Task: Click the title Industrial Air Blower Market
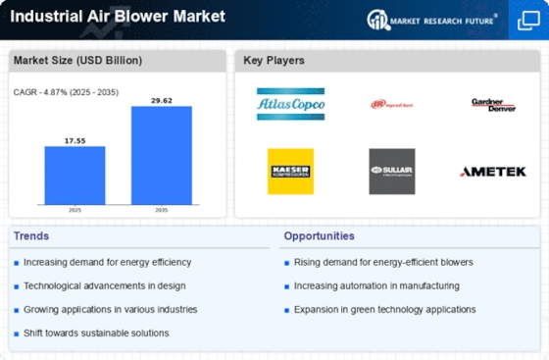point(118,17)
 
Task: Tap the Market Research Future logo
point(430,19)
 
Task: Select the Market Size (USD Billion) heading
point(77,61)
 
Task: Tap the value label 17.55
point(75,139)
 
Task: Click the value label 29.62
point(161,99)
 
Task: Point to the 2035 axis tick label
point(161,210)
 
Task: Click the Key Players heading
point(274,61)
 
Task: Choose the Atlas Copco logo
point(290,104)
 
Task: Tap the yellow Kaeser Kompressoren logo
point(290,171)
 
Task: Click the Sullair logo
point(391,171)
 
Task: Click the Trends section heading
point(33,236)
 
